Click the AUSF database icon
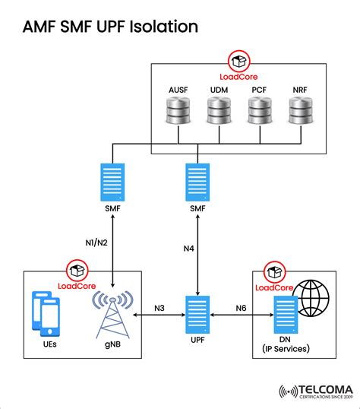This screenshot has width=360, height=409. [x=178, y=113]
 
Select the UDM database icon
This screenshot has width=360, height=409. [x=219, y=113]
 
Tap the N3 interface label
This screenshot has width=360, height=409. [x=159, y=308]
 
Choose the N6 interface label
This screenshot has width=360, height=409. [x=241, y=308]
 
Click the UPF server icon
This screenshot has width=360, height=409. [x=197, y=313]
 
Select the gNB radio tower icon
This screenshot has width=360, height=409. [x=114, y=313]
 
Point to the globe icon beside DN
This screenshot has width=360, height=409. [x=313, y=299]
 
